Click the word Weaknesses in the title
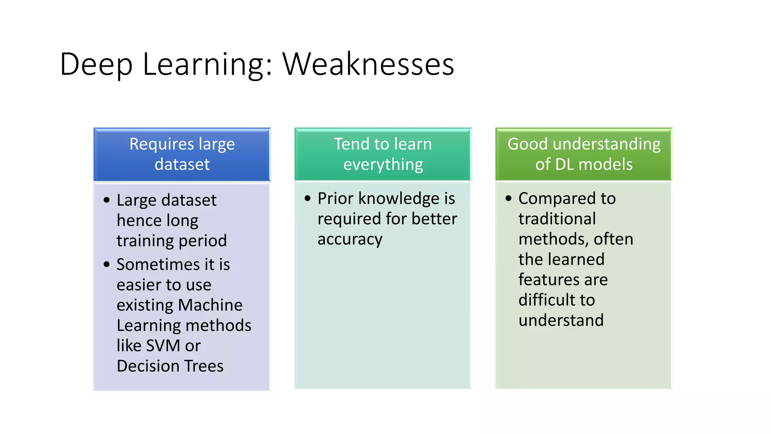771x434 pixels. [368, 64]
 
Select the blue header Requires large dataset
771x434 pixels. [182, 154]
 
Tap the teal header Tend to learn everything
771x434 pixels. [383, 154]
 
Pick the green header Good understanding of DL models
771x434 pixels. [584, 154]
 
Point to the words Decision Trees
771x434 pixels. [170, 366]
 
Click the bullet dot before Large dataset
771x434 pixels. [107, 200]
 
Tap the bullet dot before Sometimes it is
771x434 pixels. [107, 264]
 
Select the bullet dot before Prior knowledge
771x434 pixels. [308, 198]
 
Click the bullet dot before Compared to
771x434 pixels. [509, 198]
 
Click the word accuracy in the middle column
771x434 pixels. [350, 240]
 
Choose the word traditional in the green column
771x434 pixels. [557, 219]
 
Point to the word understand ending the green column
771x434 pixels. [561, 321]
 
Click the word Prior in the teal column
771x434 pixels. [335, 199]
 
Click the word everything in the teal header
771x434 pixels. [383, 165]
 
